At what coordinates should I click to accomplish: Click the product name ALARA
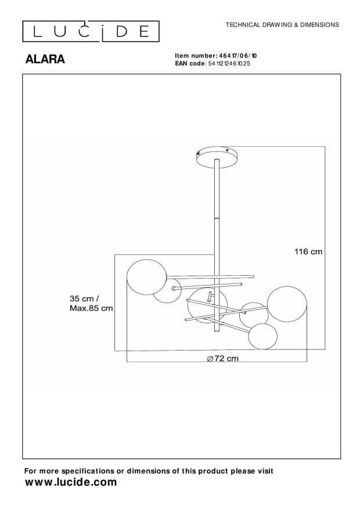(45, 59)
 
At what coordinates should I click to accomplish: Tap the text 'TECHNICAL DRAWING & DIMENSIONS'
(282, 26)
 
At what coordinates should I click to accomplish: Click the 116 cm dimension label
(308, 251)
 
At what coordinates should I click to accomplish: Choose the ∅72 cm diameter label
(222, 359)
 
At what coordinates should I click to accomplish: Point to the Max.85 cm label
(91, 308)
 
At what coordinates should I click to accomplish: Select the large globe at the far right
(286, 302)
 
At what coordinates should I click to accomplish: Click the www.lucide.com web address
(71, 482)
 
